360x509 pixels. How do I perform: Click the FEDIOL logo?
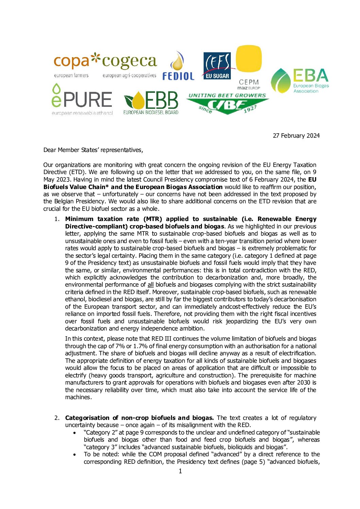[178, 66]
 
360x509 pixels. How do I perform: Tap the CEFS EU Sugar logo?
[217, 66]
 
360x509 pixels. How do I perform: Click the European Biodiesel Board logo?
[151, 102]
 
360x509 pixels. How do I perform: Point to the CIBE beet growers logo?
[227, 103]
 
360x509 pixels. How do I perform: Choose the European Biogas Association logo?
[299, 81]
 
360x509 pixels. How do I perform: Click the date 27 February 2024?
[296, 136]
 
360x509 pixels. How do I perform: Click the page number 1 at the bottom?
[180, 471]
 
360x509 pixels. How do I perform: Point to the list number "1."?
[57, 219]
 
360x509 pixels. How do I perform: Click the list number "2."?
[57, 418]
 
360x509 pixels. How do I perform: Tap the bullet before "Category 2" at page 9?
[74, 433]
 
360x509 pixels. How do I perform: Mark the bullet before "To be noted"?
[74, 455]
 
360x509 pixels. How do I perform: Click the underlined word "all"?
[151, 285]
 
